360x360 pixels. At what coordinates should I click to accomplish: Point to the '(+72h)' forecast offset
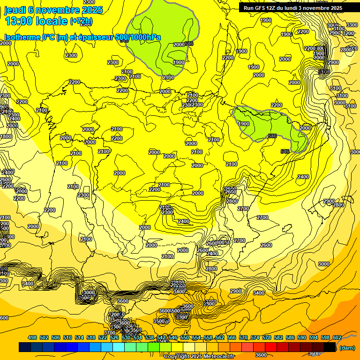[x=81, y=21]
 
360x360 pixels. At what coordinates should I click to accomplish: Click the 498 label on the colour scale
[x=32, y=337]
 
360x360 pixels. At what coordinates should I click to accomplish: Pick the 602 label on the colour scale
[x=337, y=337]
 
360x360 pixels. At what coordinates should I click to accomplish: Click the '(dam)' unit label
[x=347, y=348]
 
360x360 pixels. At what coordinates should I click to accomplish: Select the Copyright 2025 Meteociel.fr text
[x=199, y=356]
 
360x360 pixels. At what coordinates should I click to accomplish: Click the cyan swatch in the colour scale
[x=119, y=347]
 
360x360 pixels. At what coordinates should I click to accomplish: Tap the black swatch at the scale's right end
[x=330, y=347]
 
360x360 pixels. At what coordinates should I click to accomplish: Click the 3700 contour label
[x=110, y=320]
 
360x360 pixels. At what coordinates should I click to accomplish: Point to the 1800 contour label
[x=6, y=136]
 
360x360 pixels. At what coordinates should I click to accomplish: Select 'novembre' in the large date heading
[x=60, y=10]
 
